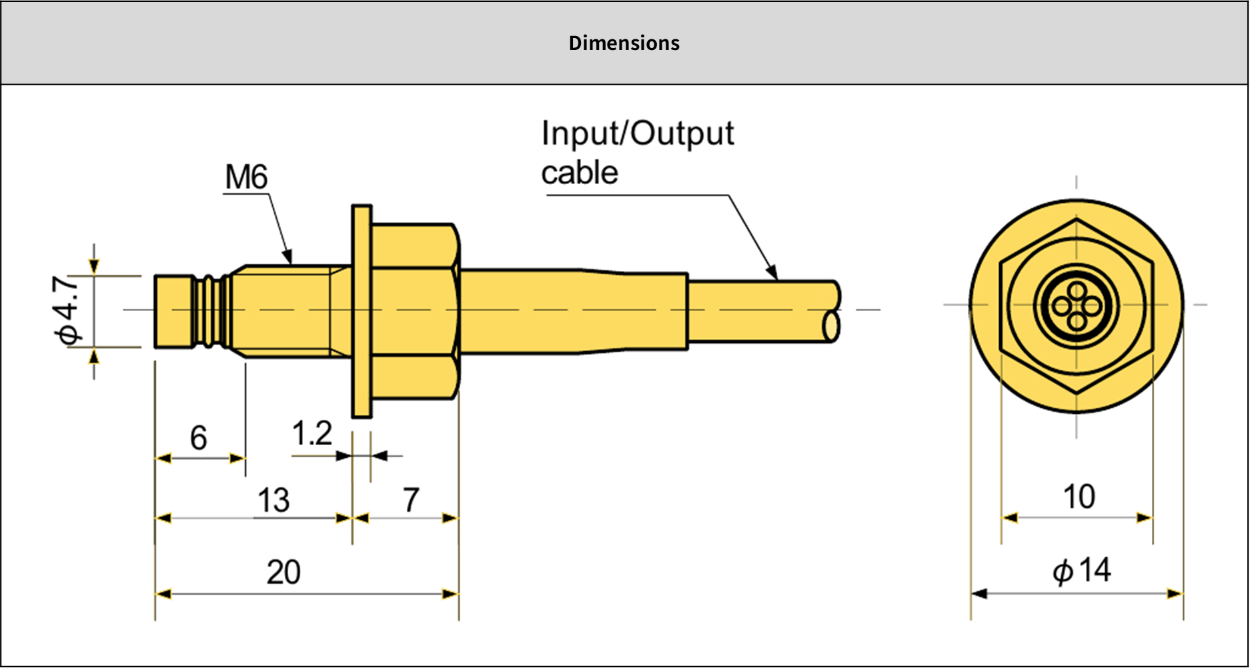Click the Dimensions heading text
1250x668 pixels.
624,43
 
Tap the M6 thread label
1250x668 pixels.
246,178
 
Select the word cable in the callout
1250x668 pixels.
579,173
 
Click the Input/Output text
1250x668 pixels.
637,133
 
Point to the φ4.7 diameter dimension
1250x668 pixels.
68,310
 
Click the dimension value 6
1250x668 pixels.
198,438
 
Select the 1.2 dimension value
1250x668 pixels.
311,434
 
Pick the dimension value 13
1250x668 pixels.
273,500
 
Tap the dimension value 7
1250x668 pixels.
411,500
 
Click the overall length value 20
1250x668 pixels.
283,573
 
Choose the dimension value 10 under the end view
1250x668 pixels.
1079,497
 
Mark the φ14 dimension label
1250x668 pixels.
1082,571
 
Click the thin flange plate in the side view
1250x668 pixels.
362,311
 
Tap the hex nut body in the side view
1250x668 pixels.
414,311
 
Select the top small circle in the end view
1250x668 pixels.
1077,291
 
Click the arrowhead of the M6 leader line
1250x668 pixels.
288,258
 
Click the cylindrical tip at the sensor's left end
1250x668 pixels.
173,311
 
